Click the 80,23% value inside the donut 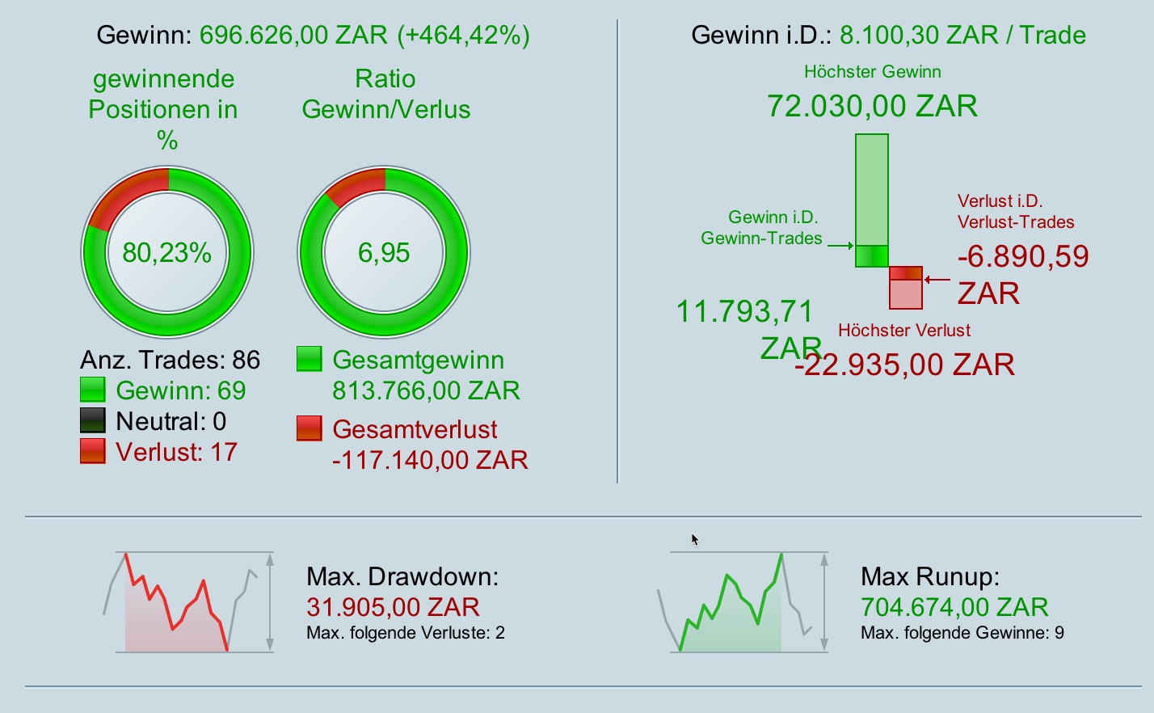tap(166, 253)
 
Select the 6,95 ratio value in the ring tap(384, 253)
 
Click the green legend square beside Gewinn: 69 tap(93, 390)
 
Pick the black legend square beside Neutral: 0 tap(93, 420)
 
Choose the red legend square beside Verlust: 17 tap(93, 451)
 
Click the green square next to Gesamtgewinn tap(310, 359)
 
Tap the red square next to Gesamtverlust tap(310, 428)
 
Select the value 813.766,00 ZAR tap(426, 390)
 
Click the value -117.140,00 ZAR tap(430, 460)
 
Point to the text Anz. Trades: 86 tap(171, 360)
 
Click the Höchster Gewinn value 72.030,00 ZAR tap(872, 106)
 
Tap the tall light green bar tap(872, 189)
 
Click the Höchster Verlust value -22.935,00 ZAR tap(904, 365)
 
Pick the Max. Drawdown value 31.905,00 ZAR tap(393, 607)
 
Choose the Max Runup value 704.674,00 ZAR tap(954, 607)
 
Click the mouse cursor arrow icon tap(694, 539)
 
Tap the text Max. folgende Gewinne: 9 tap(962, 633)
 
